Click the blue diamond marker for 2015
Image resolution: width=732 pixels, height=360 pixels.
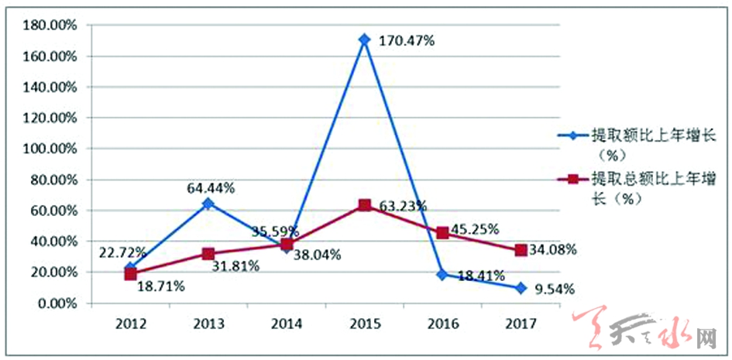click(364, 39)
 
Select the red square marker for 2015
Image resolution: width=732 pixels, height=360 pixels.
click(364, 205)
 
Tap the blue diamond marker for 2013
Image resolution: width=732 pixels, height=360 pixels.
click(208, 204)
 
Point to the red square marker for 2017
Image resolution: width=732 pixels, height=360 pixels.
click(521, 250)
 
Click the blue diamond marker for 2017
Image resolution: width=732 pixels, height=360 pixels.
click(521, 288)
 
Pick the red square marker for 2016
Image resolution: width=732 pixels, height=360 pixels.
click(442, 233)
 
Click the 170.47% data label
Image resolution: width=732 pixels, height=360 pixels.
click(407, 40)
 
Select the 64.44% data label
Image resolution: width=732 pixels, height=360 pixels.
click(211, 187)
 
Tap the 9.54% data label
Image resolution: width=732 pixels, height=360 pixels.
click(555, 290)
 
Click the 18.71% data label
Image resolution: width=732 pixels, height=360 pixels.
click(160, 286)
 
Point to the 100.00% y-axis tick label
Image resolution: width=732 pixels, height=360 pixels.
click(54, 149)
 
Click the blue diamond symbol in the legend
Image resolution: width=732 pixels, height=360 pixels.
click(572, 135)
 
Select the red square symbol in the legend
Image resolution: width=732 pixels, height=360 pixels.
click(572, 179)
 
